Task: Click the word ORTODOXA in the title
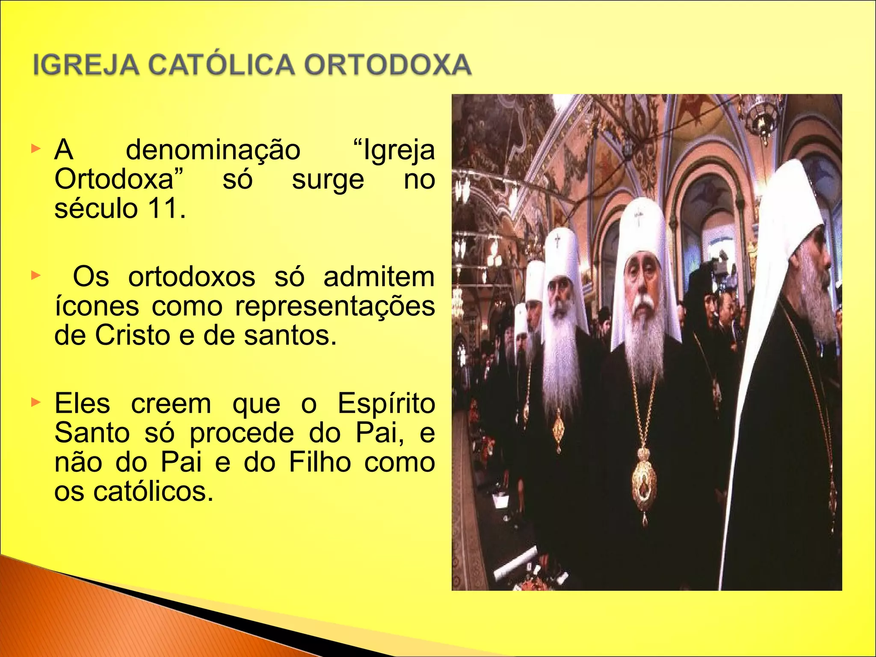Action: [x=388, y=65]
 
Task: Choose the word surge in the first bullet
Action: [x=328, y=180]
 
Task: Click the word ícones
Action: [x=97, y=306]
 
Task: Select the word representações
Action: [x=335, y=306]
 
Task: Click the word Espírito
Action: [x=386, y=404]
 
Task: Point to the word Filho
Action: [x=320, y=462]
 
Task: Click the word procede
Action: [x=242, y=433]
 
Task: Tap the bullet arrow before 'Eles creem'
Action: [x=36, y=402]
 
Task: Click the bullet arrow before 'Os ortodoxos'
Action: [x=36, y=276]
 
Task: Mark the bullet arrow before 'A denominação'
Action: [x=36, y=149]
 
